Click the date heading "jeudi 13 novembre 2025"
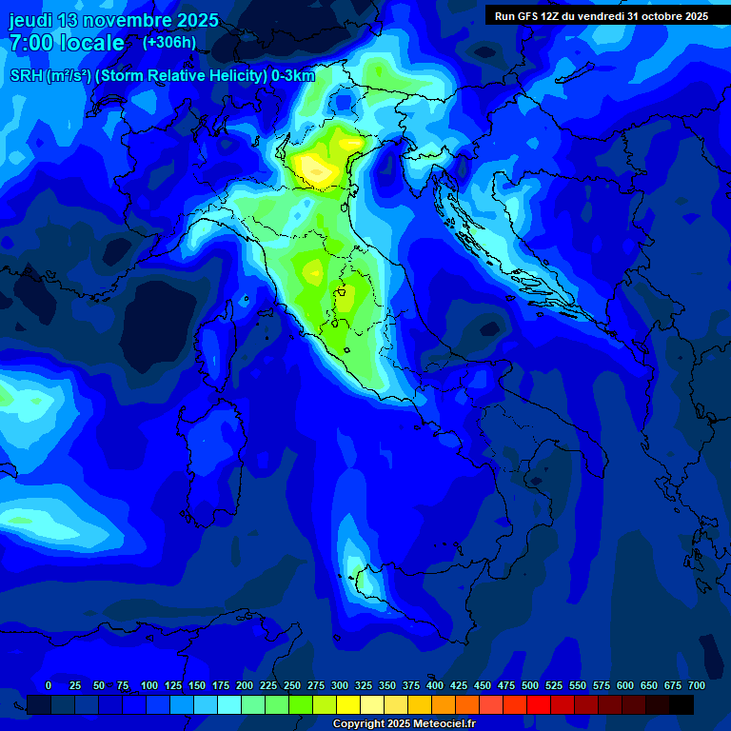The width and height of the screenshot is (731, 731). (x=113, y=20)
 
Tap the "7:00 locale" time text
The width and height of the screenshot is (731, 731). (x=67, y=43)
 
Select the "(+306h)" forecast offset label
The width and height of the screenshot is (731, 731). (x=169, y=43)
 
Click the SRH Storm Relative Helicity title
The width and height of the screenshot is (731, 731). (x=163, y=76)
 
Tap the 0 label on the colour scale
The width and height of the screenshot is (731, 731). (x=49, y=685)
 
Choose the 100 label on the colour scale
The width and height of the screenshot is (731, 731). (x=149, y=685)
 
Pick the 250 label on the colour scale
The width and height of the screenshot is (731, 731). (x=292, y=685)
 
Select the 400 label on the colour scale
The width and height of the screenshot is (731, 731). (x=435, y=685)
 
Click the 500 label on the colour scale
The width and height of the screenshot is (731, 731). (x=530, y=685)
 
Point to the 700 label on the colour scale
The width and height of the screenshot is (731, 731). (x=697, y=685)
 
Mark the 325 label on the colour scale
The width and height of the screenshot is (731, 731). (x=364, y=685)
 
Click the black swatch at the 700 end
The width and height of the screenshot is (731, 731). (x=682, y=704)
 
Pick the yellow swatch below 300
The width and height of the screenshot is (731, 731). (x=348, y=704)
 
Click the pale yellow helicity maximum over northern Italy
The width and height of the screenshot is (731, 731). (x=313, y=168)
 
